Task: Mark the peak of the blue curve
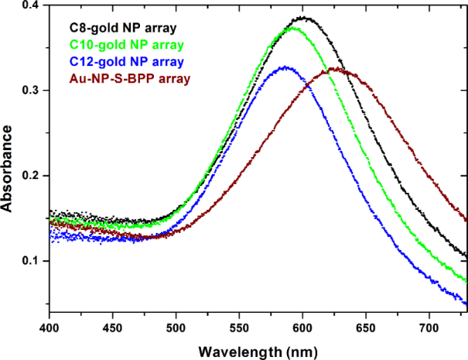pos(285,67)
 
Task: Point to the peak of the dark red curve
pos(334,69)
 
